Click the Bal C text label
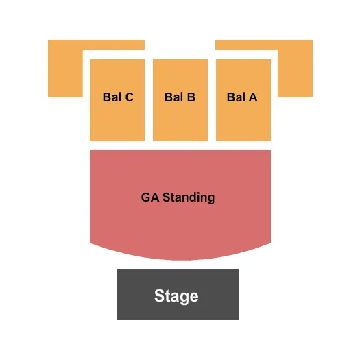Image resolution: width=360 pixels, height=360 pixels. [118, 97]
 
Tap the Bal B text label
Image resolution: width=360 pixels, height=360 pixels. [180, 97]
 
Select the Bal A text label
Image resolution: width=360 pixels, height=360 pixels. [242, 97]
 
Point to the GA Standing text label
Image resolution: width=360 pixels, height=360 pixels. [178, 197]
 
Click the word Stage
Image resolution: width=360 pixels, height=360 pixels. [176, 296]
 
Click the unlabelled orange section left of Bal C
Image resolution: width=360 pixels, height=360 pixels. [64, 69]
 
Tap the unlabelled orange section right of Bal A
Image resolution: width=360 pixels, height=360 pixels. [296, 69]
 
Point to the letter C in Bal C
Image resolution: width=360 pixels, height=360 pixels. [129, 97]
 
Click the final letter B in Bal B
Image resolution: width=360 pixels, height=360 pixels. [191, 97]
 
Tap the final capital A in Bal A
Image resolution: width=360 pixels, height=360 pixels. [253, 97]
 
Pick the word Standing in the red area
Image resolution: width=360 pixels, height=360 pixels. [188, 197]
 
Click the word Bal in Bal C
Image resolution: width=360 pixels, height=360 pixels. [111, 97]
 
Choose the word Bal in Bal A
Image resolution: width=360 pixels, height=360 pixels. [235, 97]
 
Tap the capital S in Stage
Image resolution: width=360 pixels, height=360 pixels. [159, 296]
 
